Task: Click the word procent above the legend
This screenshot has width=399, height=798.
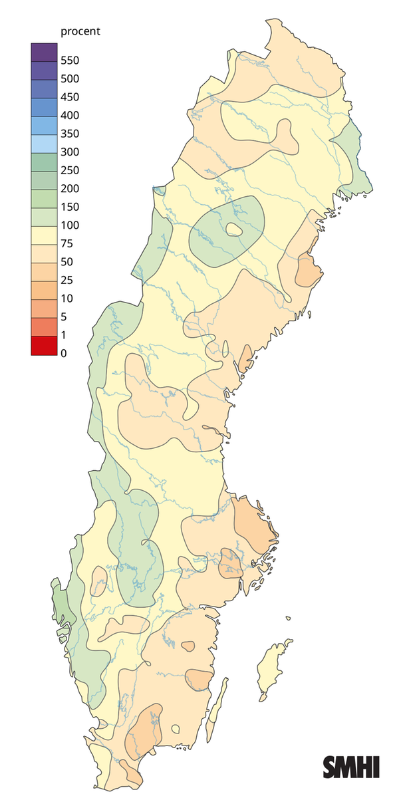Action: tap(80, 31)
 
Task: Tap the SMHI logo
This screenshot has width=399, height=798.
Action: tap(351, 767)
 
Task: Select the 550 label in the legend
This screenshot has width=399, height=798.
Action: tap(70, 61)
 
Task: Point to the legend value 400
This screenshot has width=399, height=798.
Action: tap(70, 115)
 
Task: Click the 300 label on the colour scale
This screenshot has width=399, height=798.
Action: tap(70, 152)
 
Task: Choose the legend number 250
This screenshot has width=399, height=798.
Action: tap(70, 170)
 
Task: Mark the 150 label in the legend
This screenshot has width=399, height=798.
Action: tap(70, 207)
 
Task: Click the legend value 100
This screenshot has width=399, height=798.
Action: tap(70, 225)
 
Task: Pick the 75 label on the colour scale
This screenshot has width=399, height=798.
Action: tap(66, 243)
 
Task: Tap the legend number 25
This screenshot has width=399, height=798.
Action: tap(66, 280)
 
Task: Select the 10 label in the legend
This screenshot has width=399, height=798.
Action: tap(66, 298)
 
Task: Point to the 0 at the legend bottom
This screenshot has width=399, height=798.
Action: tap(64, 353)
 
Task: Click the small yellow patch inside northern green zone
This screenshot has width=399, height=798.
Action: tap(233, 230)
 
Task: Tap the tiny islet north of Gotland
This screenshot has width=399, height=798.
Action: tap(289, 618)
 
